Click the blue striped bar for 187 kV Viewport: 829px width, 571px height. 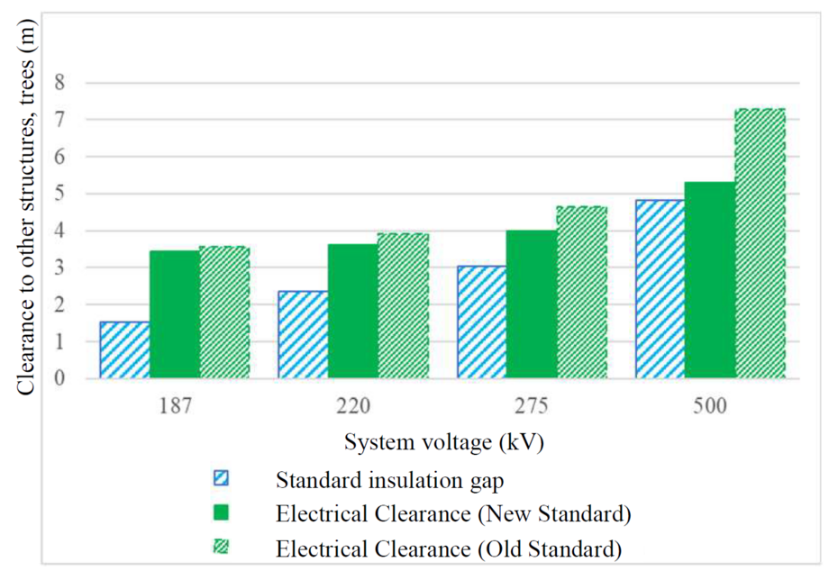coord(124,349)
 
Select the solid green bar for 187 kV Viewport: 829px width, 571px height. coord(174,314)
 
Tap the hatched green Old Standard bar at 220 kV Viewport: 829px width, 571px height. coord(402,305)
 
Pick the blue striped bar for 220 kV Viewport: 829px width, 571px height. coord(303,334)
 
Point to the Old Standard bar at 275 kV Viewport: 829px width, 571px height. coord(581,292)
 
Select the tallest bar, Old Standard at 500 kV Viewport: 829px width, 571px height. coord(760,243)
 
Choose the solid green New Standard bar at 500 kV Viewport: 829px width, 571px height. coord(710,279)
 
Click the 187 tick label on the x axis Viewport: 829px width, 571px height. coord(174,406)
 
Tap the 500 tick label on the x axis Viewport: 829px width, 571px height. coord(710,406)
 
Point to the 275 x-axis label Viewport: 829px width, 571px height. coord(531,406)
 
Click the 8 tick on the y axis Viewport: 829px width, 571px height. coord(61,82)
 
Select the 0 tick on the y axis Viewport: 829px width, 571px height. coord(61,378)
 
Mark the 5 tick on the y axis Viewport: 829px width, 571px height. coord(61,194)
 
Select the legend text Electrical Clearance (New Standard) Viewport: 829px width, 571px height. coord(453,513)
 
